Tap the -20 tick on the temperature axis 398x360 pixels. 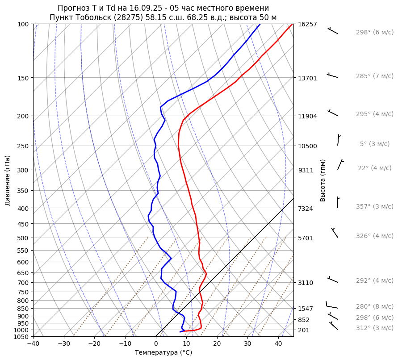click(x=94, y=343)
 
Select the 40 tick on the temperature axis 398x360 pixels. click(x=278, y=343)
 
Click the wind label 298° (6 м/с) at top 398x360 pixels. click(x=374, y=33)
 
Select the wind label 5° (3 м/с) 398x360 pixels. click(x=374, y=144)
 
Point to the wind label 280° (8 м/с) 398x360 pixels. click(x=374, y=306)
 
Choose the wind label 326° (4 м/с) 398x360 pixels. click(x=374, y=236)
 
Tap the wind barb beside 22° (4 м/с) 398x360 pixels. click(x=340, y=164)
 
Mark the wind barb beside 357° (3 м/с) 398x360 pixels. click(x=338, y=202)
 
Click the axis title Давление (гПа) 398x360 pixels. click(x=8, y=180)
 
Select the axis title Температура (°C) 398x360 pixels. click(x=163, y=352)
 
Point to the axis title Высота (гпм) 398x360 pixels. click(x=323, y=180)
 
